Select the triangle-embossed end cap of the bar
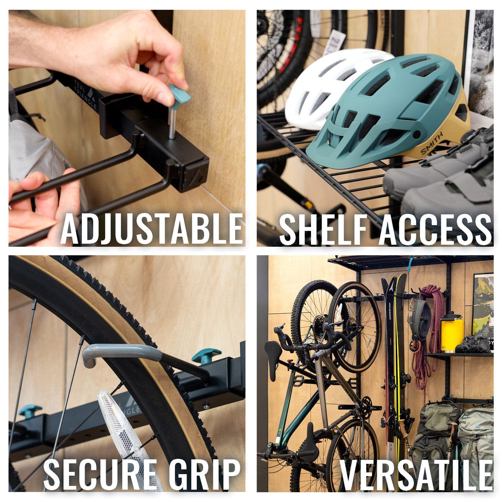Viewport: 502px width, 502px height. (x=195, y=178)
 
